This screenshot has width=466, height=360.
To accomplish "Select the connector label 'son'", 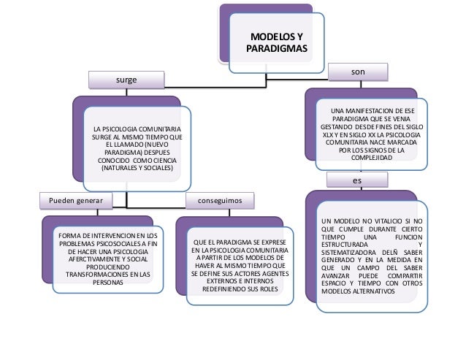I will click(358, 72).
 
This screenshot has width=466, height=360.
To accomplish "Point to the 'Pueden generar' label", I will click(75, 199).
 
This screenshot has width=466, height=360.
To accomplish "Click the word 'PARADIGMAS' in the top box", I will click(277, 49).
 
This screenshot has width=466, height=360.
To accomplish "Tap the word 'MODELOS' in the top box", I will click(270, 37).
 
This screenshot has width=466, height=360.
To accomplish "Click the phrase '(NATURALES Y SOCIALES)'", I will click(137, 168).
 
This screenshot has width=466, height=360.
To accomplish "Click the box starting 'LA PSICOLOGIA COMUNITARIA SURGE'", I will click(137, 145).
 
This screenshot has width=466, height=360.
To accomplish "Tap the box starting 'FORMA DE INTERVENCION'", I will click(108, 258).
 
